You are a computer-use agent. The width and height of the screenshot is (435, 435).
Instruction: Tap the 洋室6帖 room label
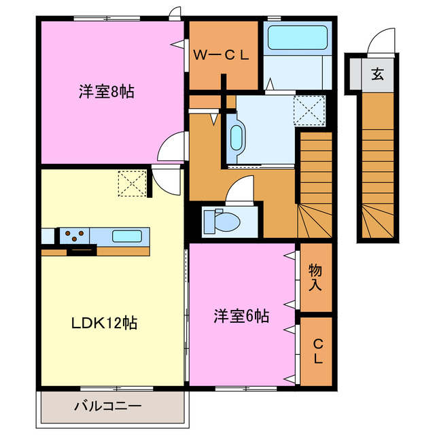click(x=241, y=315)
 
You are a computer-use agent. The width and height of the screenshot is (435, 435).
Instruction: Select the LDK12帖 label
click(x=105, y=322)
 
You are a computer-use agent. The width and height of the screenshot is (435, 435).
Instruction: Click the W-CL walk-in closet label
click(x=222, y=56)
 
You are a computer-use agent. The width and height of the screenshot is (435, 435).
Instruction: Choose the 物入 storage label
click(x=315, y=277)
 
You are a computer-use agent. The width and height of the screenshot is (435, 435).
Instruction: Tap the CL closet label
click(x=317, y=352)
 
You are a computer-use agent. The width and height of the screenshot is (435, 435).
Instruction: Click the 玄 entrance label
click(x=377, y=74)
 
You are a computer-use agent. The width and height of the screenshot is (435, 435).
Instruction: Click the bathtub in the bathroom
click(x=296, y=38)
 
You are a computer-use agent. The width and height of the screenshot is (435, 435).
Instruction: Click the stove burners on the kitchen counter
click(x=74, y=236)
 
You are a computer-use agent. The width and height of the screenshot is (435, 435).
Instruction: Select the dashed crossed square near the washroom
click(x=309, y=109)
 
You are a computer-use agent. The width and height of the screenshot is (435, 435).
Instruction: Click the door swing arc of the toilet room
click(x=241, y=189)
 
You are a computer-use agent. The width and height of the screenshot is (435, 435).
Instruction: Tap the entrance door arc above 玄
click(x=379, y=42)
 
